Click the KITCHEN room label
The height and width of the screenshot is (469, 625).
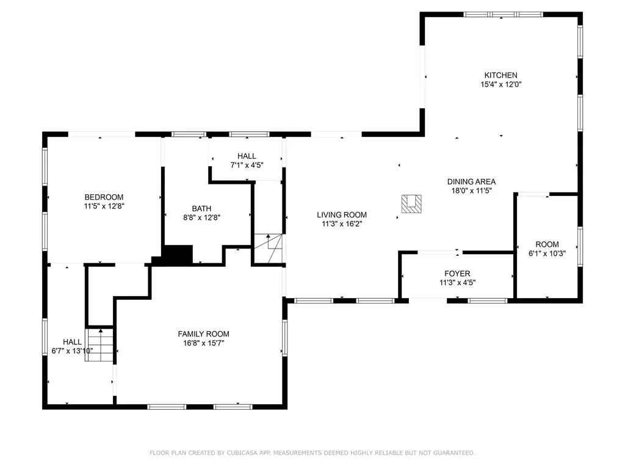tap(500, 75)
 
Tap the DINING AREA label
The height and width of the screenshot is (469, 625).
tap(471, 181)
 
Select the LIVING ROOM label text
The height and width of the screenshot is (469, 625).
tap(342, 214)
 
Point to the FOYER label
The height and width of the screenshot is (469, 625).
tap(457, 274)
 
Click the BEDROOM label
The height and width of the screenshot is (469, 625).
tap(104, 197)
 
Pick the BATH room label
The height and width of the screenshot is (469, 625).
tap(201, 209)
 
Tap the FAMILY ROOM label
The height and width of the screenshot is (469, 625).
tap(203, 334)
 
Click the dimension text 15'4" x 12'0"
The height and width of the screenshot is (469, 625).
tap(500, 84)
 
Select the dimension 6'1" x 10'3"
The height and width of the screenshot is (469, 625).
tap(547, 253)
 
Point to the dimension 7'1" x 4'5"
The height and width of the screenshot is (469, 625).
tap(247, 165)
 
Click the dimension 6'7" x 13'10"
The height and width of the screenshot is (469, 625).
tap(72, 351)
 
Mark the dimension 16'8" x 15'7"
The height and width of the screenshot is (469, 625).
tap(203, 343)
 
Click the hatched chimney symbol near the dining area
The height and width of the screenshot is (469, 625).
tap(411, 204)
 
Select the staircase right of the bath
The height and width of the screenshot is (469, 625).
tap(269, 249)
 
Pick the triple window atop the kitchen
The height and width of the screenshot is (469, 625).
tap(503, 15)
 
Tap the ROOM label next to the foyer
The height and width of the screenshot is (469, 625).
tap(547, 244)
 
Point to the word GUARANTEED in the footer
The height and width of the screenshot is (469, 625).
tap(454, 453)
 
